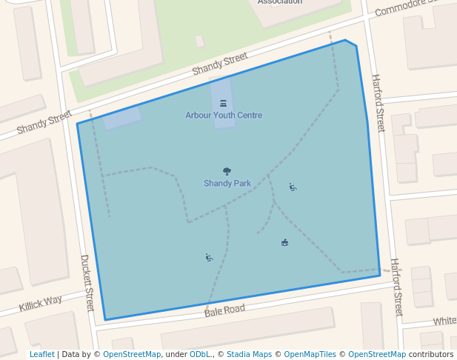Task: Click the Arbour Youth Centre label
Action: coord(224,116)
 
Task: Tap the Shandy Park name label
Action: coord(227,184)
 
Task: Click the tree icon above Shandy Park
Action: coord(227,172)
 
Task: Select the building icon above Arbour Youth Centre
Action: coord(224,103)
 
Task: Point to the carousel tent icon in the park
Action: coord(284,242)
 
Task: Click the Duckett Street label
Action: coord(87,283)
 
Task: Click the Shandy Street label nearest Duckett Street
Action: coord(44,123)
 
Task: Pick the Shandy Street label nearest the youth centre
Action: coord(220,64)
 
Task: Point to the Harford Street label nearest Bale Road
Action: coord(396,287)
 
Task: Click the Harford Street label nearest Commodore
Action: coord(378,103)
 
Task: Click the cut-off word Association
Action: coord(280,2)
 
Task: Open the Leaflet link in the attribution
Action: coord(41,355)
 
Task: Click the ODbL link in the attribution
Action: coord(200,355)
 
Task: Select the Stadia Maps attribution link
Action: coord(249,355)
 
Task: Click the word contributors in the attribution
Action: coord(431,355)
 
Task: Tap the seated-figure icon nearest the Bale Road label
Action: coord(209,258)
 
